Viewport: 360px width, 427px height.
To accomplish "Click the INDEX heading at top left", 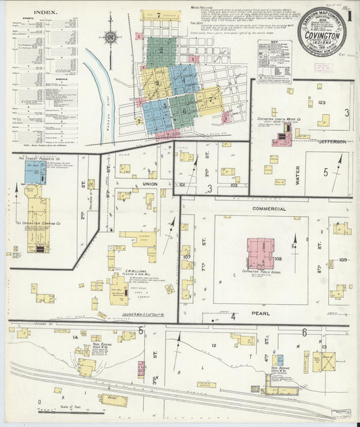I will [x=45, y=11].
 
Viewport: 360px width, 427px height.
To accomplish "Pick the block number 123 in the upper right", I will [x=322, y=102].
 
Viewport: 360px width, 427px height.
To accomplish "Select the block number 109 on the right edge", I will [x=343, y=259].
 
